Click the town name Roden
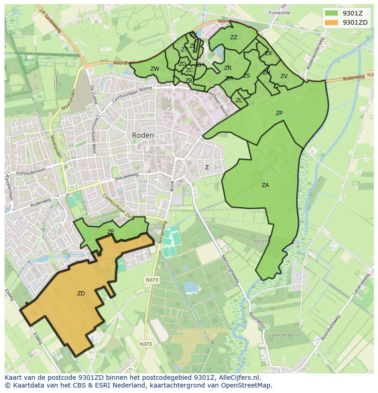(143, 135)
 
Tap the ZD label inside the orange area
(81, 293)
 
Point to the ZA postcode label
(265, 185)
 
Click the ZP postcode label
(279, 113)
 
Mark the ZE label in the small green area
(110, 232)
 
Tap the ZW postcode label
(155, 69)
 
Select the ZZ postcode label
(234, 37)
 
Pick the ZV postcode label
(284, 76)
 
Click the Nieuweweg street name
(126, 178)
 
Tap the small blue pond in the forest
(191, 287)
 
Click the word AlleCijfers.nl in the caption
(238, 377)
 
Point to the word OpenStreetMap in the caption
(247, 385)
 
